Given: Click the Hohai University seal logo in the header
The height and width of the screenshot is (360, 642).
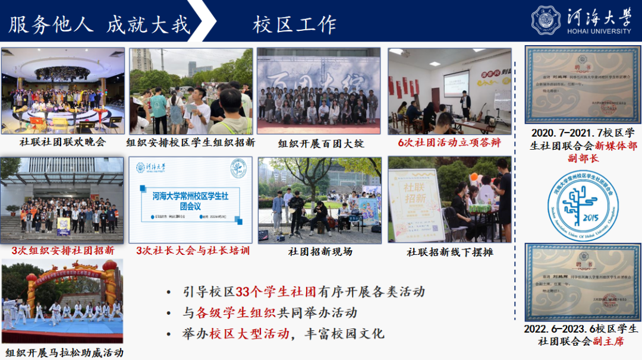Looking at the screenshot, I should click(x=546, y=20).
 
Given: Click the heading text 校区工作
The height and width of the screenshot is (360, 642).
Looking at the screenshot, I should click(x=295, y=24).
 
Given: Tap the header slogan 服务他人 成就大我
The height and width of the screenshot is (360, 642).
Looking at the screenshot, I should click(x=99, y=24).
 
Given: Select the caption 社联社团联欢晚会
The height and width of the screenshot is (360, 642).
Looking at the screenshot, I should click(x=62, y=142).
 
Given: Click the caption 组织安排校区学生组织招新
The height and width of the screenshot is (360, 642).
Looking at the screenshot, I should click(x=191, y=143).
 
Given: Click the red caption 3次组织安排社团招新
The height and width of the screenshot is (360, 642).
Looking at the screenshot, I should click(x=63, y=251).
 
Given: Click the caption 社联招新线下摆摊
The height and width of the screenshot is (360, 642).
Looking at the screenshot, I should click(x=450, y=251).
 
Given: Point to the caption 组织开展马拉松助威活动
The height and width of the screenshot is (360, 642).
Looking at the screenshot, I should click(x=64, y=352).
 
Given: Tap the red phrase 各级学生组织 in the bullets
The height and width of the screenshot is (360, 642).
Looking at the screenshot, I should click(x=231, y=312).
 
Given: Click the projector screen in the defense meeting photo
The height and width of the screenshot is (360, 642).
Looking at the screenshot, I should click(x=456, y=83).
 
